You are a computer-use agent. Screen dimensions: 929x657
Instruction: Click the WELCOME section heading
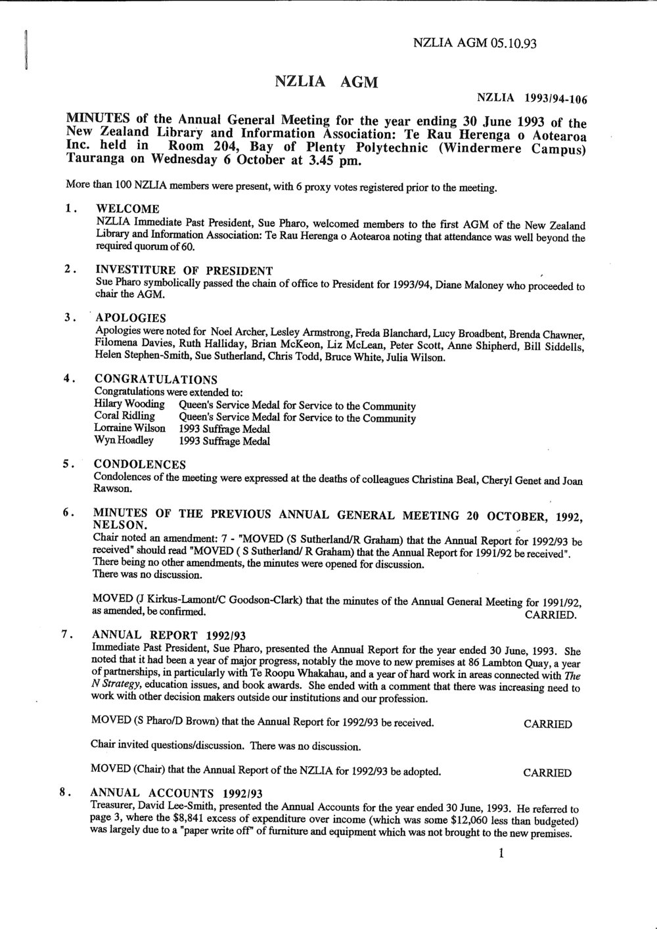tap(127, 210)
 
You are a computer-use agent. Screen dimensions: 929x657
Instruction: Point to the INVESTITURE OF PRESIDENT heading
tap(184, 270)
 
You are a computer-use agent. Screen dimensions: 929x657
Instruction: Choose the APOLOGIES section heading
tap(131, 319)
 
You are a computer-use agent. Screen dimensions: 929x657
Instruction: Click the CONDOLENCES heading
tap(140, 464)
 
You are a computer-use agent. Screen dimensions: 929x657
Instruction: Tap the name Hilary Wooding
tap(129, 405)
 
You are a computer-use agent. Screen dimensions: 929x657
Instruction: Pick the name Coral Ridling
tap(125, 417)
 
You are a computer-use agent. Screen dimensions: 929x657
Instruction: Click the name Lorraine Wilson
tap(130, 429)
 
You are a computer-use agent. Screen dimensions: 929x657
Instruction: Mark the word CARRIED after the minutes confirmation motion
tap(551, 616)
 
